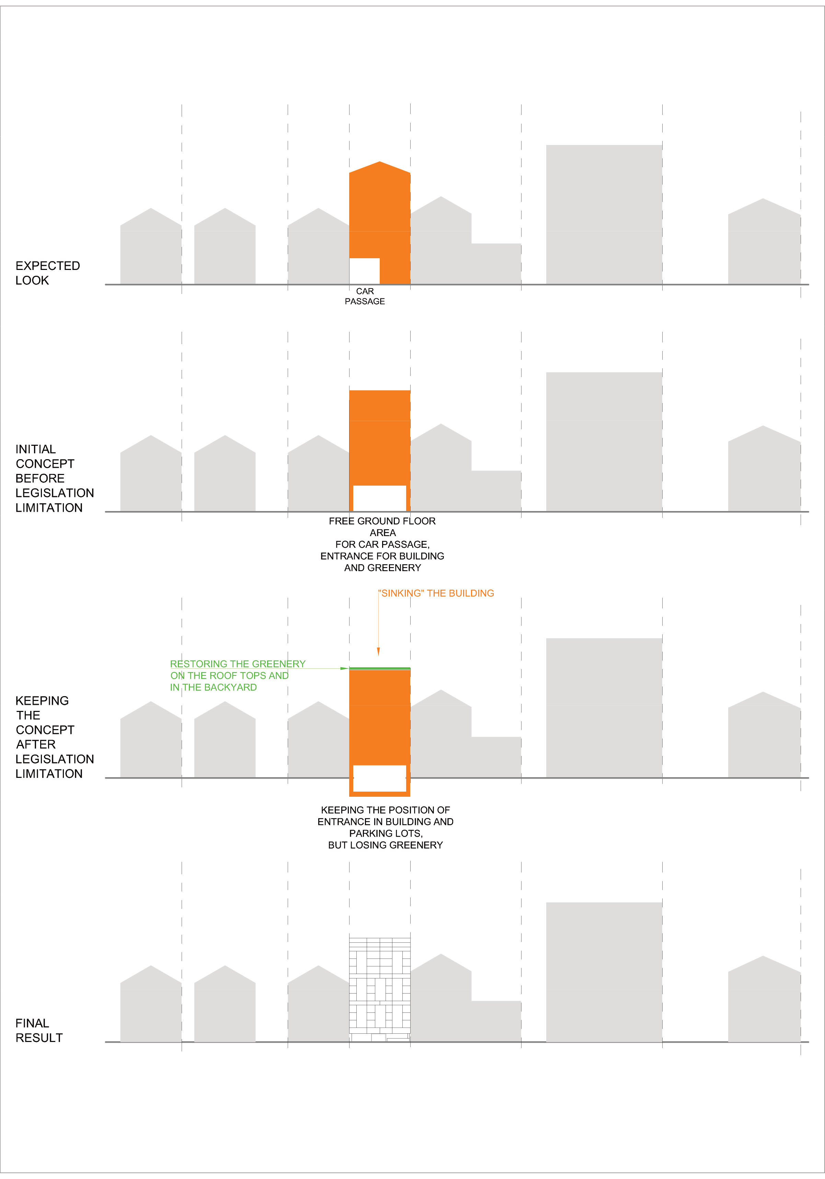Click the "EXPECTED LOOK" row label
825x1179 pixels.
click(48, 273)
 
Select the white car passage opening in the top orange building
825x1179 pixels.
click(365, 271)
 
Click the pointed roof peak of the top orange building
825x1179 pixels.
click(380, 162)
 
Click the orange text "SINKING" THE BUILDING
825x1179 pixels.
click(436, 593)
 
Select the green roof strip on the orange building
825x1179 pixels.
click(380, 669)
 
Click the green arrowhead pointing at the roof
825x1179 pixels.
click(344, 669)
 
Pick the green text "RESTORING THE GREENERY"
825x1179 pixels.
click(238, 664)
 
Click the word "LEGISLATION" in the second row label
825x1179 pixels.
click(55, 493)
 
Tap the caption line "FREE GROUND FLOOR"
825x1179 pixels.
click(382, 521)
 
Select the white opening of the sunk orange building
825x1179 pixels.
click(380, 778)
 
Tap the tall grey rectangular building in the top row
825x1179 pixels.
click(604, 215)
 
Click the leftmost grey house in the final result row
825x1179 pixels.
click(151, 1004)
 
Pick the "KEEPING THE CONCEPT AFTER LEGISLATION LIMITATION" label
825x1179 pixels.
click(55, 737)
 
